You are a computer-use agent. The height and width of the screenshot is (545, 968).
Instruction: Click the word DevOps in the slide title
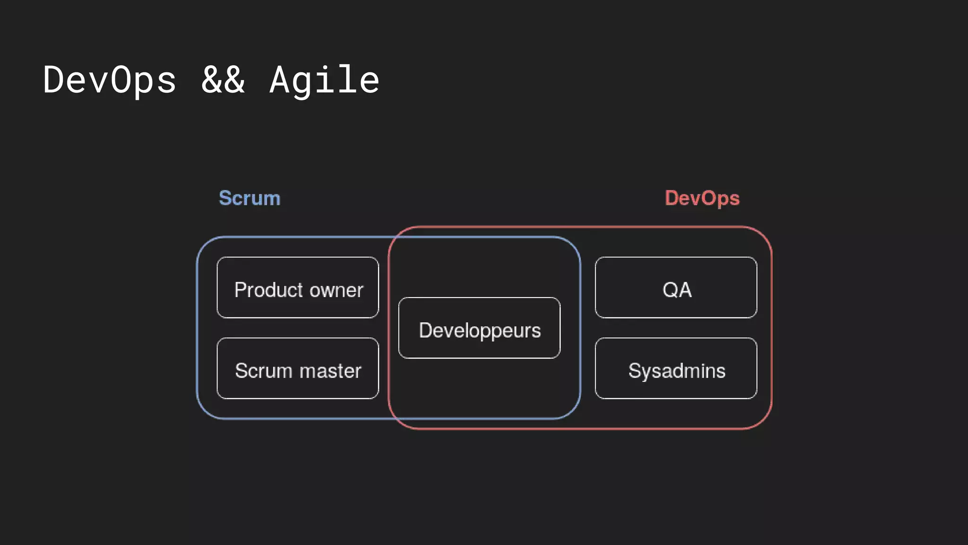coord(110,80)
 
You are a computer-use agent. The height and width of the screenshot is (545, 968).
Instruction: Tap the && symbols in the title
coord(223,80)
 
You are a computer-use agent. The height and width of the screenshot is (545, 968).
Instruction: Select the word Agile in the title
coord(324,80)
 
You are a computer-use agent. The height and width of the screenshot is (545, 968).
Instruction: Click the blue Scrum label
coord(250,198)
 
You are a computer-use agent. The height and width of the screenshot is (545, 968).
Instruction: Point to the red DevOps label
coord(702,198)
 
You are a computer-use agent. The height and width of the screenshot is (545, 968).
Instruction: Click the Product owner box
coord(298,288)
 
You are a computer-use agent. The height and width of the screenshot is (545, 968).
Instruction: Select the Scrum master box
coord(298,369)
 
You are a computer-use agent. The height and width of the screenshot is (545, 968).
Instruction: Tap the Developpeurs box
coord(479,328)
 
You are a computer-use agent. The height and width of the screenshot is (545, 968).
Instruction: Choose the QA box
coord(676,288)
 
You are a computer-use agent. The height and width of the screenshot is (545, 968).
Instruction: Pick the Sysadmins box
coord(676,369)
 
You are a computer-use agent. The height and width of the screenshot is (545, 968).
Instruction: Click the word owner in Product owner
coord(337,290)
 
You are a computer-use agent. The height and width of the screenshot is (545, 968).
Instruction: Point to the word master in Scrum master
coord(330,371)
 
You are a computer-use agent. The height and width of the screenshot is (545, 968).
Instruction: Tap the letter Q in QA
coord(670,290)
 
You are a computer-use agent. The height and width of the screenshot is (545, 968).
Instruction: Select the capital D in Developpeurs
coord(425,330)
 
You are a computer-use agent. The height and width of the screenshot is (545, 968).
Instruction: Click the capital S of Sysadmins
coord(634,371)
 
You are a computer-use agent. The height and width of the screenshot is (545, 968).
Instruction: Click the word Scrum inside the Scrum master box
coord(264,371)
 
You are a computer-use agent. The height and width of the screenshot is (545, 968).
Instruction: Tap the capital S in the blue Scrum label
coord(225,198)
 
